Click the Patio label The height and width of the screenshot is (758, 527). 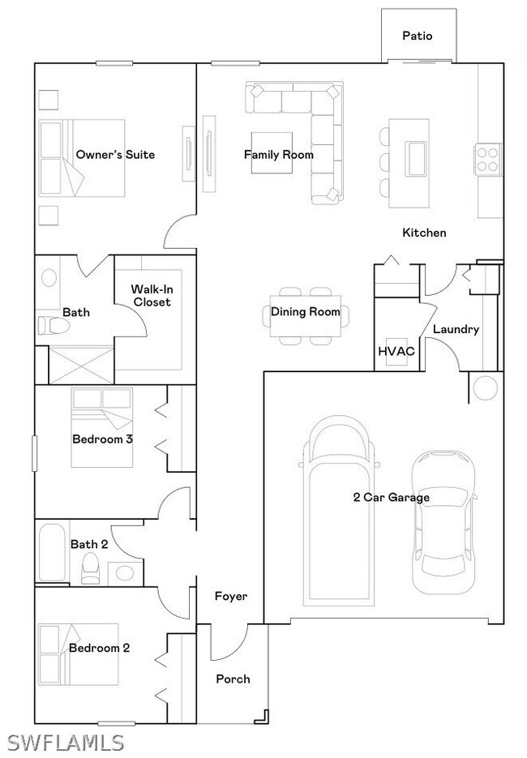click(x=418, y=36)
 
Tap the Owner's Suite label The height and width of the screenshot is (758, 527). click(x=116, y=155)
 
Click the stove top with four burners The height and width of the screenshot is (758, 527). click(x=487, y=160)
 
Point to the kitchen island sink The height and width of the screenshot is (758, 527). click(x=415, y=157)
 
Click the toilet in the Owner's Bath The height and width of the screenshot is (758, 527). click(x=54, y=325)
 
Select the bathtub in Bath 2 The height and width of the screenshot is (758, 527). click(x=52, y=553)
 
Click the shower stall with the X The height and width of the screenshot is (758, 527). click(x=81, y=365)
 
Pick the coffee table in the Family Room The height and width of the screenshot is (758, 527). click(x=272, y=152)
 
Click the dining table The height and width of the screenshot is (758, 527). click(x=306, y=316)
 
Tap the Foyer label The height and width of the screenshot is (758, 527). click(x=231, y=597)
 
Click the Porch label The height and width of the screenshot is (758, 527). click(x=233, y=679)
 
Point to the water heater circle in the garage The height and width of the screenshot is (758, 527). click(x=486, y=388)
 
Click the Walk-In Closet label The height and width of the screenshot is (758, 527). click(x=152, y=296)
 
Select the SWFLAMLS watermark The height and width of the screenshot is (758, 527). click(x=66, y=743)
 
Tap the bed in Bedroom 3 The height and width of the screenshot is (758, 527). click(x=102, y=427)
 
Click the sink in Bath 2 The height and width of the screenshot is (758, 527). click(x=125, y=574)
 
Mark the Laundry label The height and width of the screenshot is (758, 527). click(x=456, y=330)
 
